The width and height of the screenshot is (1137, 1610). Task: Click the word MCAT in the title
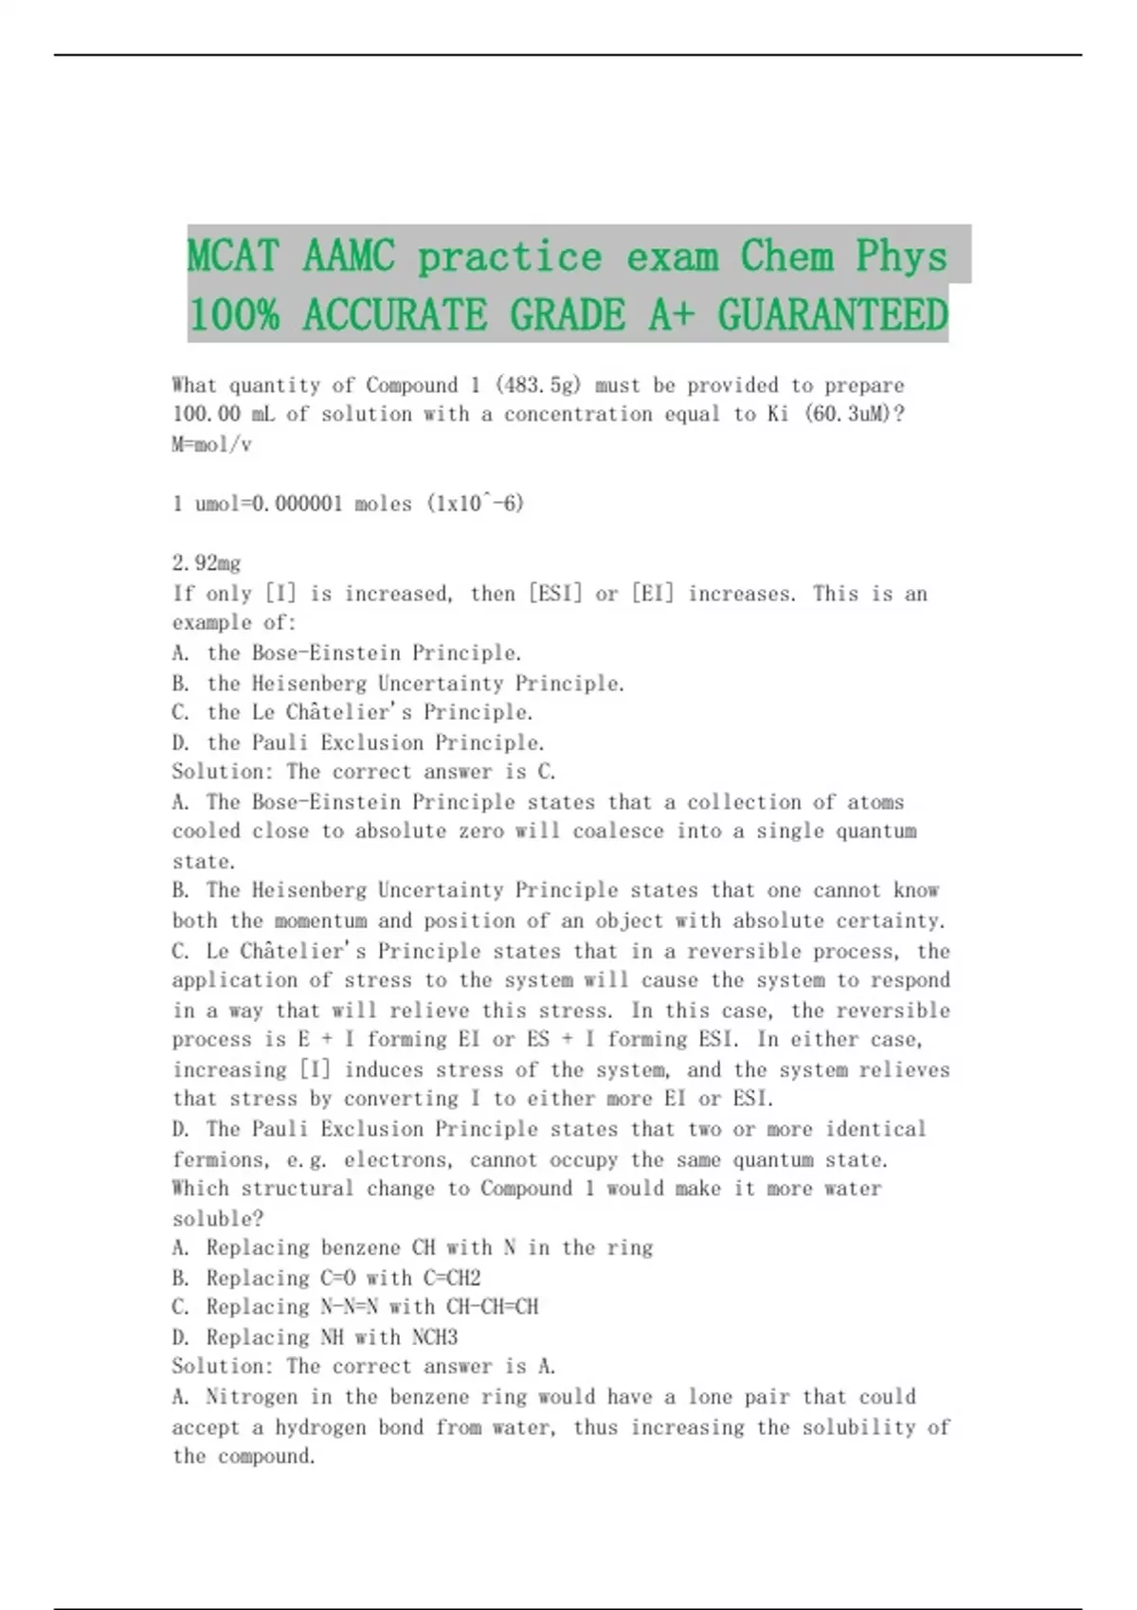tap(233, 256)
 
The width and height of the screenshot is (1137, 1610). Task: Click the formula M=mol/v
tap(212, 444)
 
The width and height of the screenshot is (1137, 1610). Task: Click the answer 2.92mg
tap(207, 563)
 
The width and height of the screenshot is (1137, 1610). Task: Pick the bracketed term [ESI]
tap(550, 594)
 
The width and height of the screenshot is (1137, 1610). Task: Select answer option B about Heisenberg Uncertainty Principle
tap(398, 683)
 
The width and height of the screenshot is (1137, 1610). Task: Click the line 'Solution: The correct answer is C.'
tap(364, 772)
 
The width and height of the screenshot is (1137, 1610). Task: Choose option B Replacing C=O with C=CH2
tap(327, 1279)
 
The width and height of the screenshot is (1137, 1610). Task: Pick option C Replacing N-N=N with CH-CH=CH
tap(355, 1308)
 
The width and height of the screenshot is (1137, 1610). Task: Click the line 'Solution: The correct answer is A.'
tap(364, 1367)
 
